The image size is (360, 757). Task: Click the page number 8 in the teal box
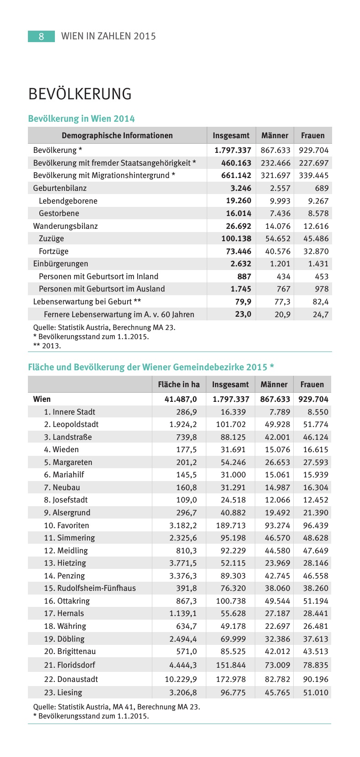point(41,36)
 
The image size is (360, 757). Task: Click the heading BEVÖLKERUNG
point(80,94)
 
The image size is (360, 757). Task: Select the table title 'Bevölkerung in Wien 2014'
point(81,119)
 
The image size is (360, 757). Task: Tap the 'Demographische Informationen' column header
point(117,135)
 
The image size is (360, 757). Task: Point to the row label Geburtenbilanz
point(59,188)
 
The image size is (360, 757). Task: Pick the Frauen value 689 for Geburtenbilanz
point(322,188)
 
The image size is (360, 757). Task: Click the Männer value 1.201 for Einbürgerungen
point(280,264)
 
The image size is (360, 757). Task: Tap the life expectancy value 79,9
point(243,302)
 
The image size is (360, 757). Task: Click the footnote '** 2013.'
point(47,346)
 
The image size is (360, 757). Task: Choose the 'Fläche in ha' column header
point(179,384)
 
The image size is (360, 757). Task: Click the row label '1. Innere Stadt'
point(70,412)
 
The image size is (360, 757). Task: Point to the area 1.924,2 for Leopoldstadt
point(183,424)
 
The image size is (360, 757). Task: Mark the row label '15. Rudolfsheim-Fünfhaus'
point(90,588)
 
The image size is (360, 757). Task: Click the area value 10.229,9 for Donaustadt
point(181,679)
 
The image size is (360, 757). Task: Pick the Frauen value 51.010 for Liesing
point(316,692)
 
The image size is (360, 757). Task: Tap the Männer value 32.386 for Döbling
point(277,639)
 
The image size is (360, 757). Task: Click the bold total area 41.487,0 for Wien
point(181,399)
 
